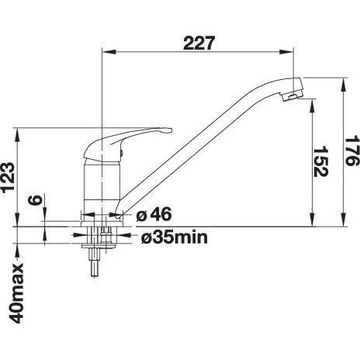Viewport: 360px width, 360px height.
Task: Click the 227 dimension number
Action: (x=199, y=43)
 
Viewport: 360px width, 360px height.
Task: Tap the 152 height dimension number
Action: (x=320, y=161)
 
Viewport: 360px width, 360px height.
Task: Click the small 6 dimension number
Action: (x=35, y=200)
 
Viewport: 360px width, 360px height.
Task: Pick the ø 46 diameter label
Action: (x=154, y=214)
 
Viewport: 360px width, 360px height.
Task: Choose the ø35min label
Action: (x=175, y=237)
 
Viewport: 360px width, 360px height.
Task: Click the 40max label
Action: (x=17, y=293)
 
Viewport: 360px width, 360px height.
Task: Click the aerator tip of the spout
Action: (x=292, y=97)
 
